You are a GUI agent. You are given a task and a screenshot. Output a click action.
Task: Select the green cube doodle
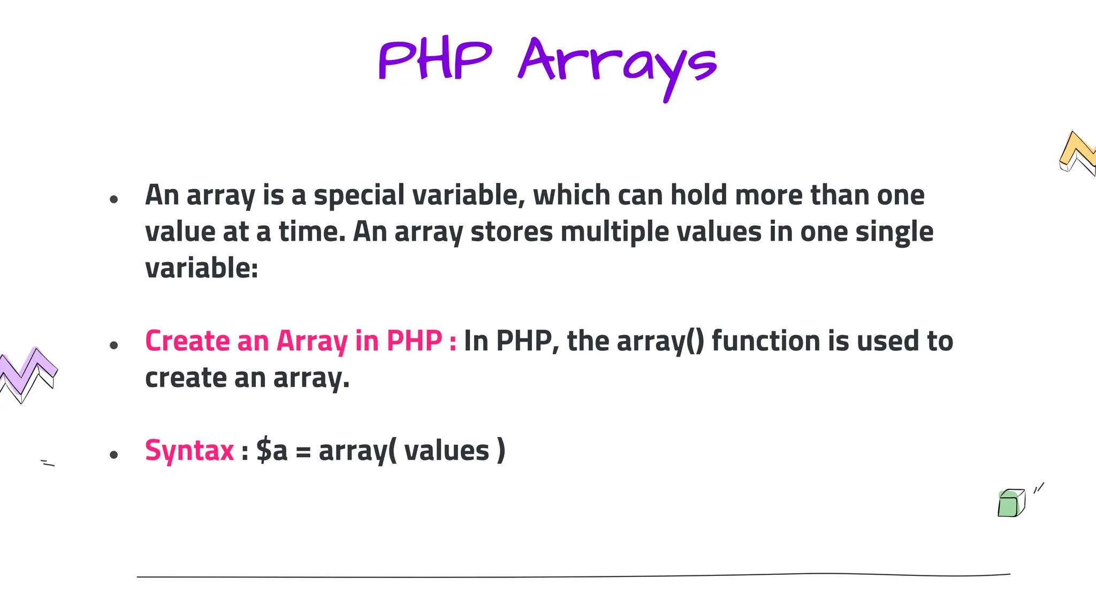click(x=1011, y=503)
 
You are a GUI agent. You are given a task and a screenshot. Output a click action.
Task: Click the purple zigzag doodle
click(x=28, y=373)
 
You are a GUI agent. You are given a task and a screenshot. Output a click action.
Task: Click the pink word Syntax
click(x=189, y=450)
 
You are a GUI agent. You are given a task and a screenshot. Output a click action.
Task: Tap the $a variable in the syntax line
click(x=272, y=450)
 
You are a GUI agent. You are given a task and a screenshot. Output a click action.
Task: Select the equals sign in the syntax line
click(x=303, y=452)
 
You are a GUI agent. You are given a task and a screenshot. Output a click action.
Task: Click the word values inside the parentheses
click(x=446, y=450)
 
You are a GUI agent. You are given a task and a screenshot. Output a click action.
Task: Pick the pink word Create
click(x=187, y=341)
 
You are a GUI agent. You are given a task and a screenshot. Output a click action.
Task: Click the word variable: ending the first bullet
click(x=202, y=268)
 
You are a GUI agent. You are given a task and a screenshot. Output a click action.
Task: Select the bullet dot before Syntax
click(x=113, y=455)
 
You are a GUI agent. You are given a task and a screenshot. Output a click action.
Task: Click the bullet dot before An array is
click(x=113, y=200)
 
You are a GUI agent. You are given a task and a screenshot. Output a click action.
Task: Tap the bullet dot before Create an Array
click(x=113, y=345)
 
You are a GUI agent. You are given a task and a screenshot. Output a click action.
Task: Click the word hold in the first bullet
click(x=699, y=195)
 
